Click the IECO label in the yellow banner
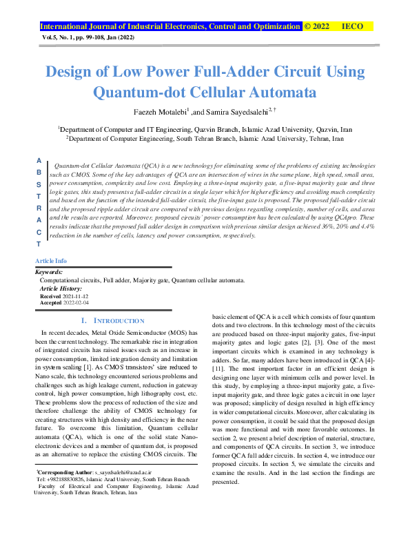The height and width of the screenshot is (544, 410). pyautogui.click(x=353, y=26)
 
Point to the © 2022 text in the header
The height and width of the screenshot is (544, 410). pyautogui.click(x=317, y=26)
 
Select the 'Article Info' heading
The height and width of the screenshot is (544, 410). pyautogui.click(x=51, y=261)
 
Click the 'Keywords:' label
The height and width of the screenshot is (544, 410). pyautogui.click(x=49, y=272)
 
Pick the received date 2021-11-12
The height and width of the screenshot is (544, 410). pyautogui.click(x=76, y=295)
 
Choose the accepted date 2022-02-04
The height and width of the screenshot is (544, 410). pyautogui.click(x=76, y=302)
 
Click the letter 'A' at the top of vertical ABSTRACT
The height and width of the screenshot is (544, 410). pyautogui.click(x=39, y=160)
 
